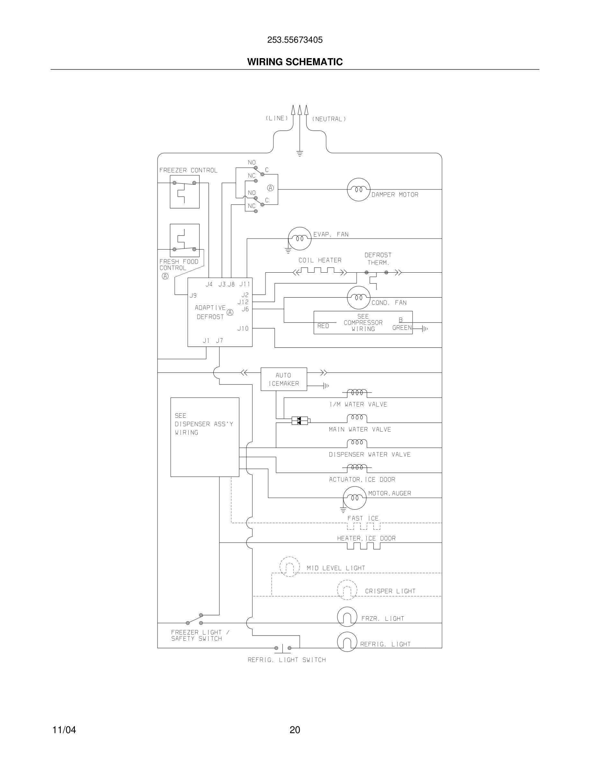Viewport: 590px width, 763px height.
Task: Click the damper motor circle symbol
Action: point(358,189)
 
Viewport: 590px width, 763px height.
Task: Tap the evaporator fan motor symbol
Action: point(299,239)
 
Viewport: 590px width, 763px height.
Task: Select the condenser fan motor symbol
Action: point(358,298)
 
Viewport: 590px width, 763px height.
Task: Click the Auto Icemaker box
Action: point(284,379)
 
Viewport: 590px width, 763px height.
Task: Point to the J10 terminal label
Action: point(243,329)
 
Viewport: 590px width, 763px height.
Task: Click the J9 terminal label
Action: point(193,295)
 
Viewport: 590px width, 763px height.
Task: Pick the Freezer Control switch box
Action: point(184,192)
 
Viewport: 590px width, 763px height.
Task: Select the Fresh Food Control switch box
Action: point(184,240)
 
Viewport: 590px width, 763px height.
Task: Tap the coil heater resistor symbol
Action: point(319,271)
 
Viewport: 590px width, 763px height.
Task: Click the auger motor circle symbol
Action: point(354,497)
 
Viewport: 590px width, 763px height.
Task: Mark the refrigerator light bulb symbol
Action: point(347,642)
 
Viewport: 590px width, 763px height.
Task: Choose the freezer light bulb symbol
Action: point(347,617)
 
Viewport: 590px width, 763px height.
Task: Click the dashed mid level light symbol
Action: point(290,567)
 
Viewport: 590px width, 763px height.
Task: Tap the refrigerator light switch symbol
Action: point(282,648)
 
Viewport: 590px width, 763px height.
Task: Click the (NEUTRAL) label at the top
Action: point(328,119)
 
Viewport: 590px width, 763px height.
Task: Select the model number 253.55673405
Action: point(295,40)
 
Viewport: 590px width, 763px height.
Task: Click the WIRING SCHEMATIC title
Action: point(295,62)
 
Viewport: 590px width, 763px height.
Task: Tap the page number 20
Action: point(295,730)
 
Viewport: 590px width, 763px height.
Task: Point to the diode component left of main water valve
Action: point(300,421)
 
